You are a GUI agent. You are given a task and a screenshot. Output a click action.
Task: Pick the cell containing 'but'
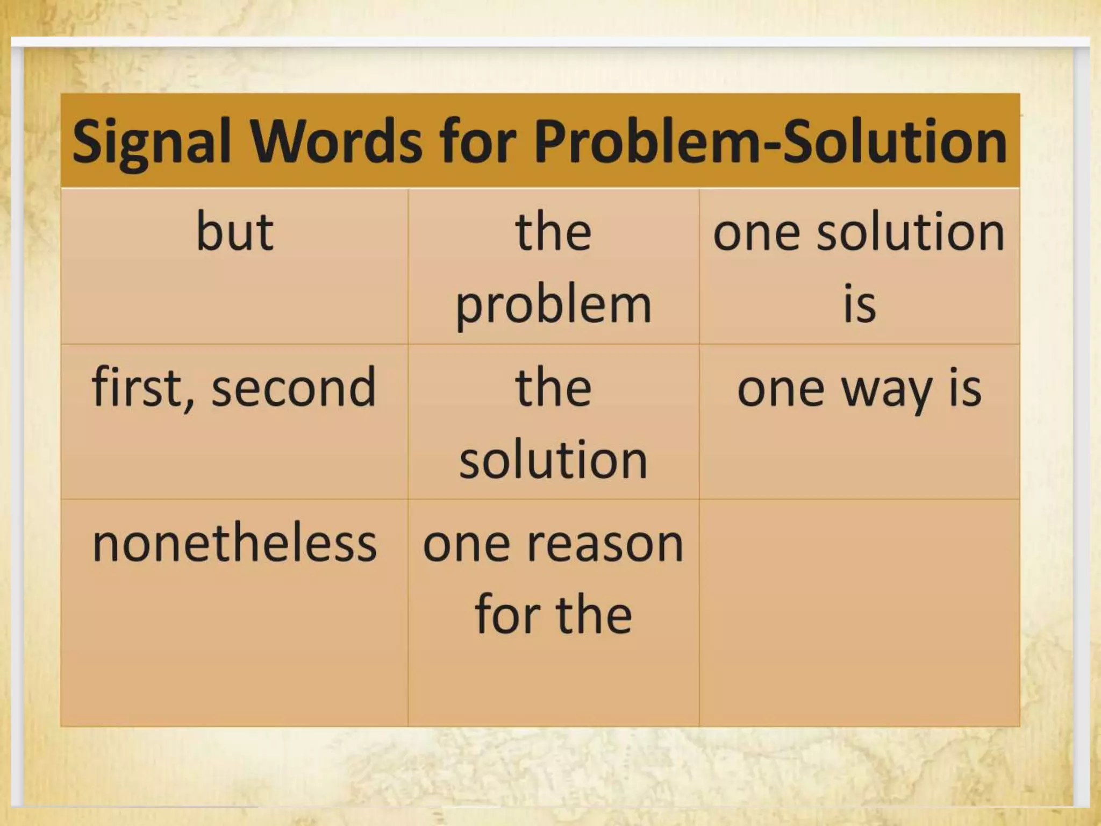click(x=234, y=267)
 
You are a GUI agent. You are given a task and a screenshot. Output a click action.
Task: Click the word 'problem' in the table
click(x=553, y=305)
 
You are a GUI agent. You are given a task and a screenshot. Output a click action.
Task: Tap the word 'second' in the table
click(x=294, y=388)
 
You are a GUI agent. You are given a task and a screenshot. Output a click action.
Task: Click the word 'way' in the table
click(x=886, y=390)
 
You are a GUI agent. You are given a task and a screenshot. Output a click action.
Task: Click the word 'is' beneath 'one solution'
click(x=859, y=304)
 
